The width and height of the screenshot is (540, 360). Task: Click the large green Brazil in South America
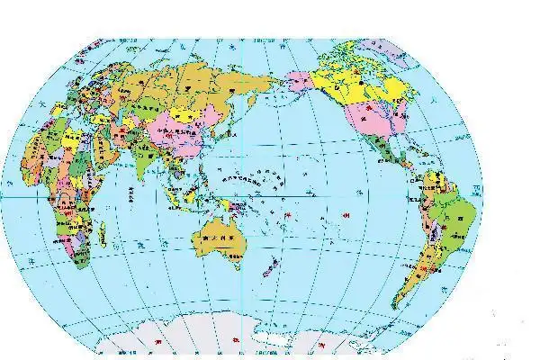pyautogui.click(x=455, y=216)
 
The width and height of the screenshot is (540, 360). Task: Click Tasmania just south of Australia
pyautogui.click(x=236, y=265)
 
